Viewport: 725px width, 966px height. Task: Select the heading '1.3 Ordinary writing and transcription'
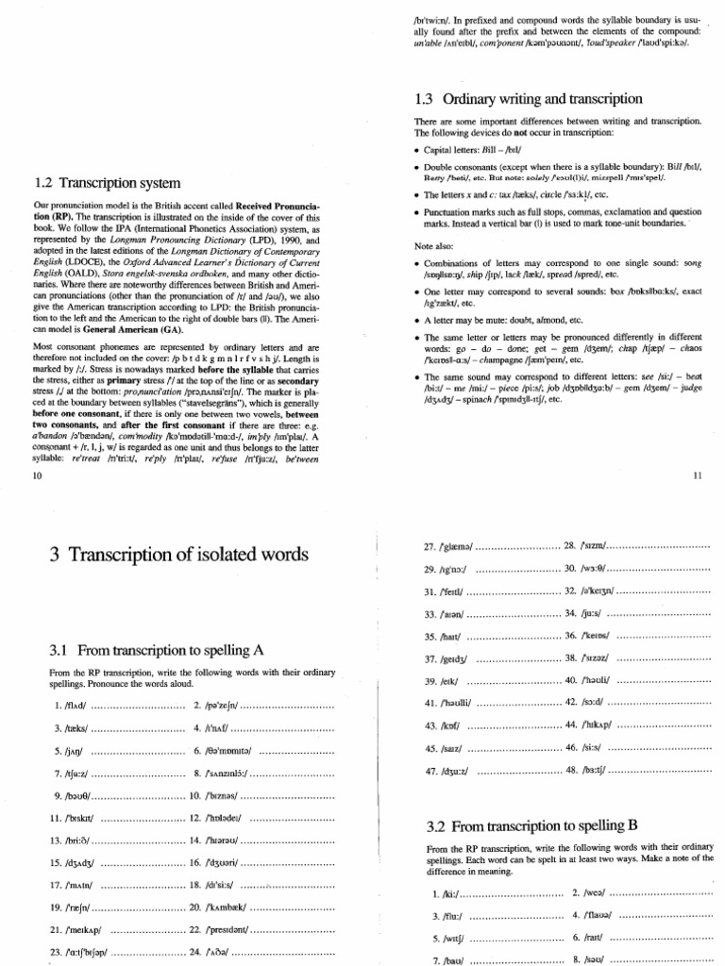(528, 98)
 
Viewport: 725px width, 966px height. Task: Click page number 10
(38, 477)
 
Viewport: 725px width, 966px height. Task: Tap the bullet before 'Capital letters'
(417, 151)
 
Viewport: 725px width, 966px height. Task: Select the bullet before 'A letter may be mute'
(417, 320)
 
